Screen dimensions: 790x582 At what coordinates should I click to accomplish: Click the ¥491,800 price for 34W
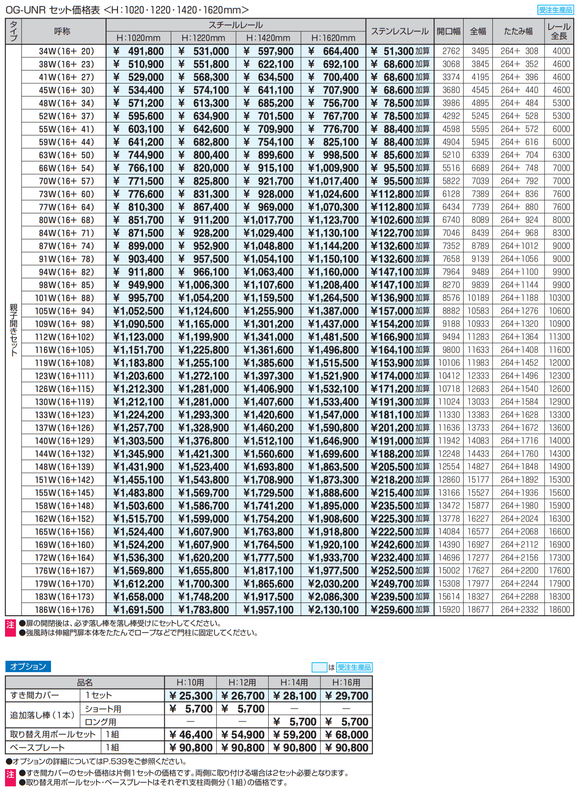[x=138, y=51]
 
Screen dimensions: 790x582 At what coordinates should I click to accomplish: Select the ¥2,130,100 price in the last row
[x=333, y=610]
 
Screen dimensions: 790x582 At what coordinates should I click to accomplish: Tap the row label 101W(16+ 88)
[x=64, y=298]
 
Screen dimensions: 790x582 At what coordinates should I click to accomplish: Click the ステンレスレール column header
[x=399, y=31]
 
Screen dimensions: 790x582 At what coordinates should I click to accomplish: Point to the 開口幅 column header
[x=449, y=31]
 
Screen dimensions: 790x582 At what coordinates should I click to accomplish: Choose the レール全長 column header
[x=559, y=31]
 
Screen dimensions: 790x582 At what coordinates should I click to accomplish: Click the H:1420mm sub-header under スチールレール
[x=268, y=38]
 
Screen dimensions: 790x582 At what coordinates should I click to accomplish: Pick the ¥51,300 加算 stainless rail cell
[x=400, y=51]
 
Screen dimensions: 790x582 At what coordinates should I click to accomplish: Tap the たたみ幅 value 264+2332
[x=519, y=610]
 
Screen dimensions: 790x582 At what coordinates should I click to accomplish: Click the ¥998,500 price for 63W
[x=333, y=155]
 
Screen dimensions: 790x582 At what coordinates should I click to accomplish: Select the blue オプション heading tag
[x=28, y=667]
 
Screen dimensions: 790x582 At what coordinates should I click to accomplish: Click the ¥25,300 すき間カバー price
[x=190, y=696]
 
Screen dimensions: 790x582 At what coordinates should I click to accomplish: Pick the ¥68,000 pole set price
[x=347, y=735]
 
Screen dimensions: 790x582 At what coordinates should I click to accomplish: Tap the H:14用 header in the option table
[x=294, y=683]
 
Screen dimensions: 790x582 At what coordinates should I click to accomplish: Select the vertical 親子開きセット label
[x=13, y=330]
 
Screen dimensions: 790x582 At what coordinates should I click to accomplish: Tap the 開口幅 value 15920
[x=449, y=610]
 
